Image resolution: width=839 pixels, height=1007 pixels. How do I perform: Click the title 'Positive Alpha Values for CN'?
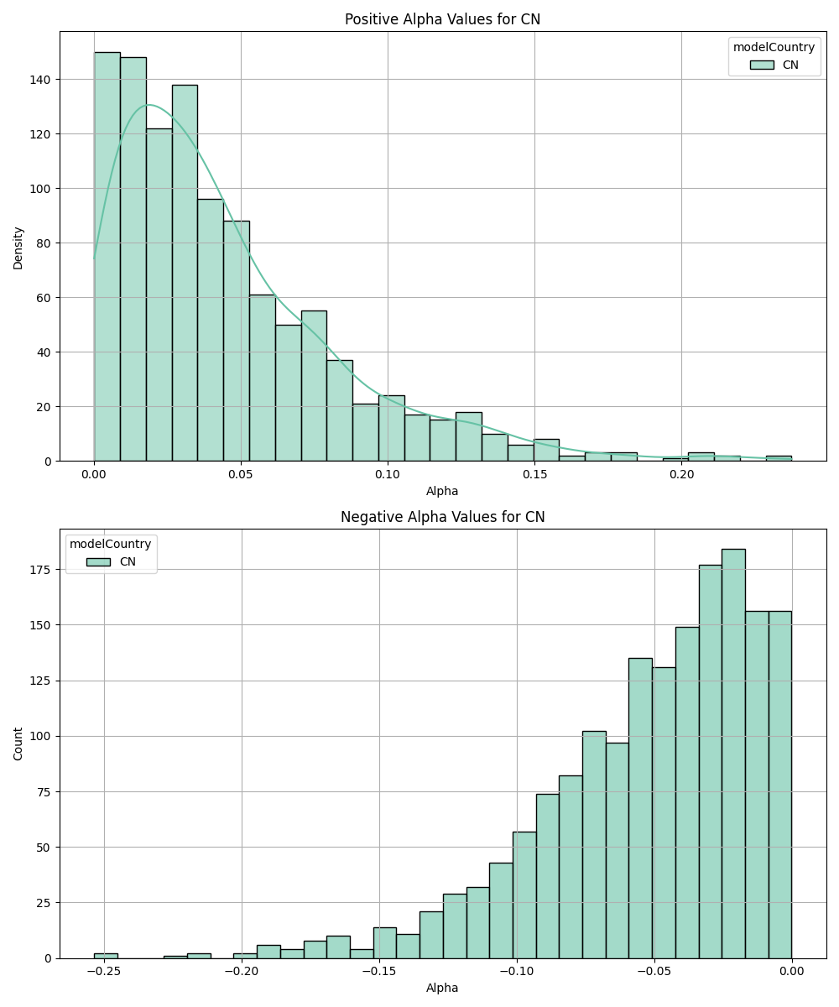[442, 19]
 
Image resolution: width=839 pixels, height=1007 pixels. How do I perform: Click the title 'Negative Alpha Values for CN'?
[442, 517]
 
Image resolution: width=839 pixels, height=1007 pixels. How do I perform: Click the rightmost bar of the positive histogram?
[779, 458]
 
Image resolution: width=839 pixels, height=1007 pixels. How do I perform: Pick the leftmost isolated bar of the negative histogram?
[106, 956]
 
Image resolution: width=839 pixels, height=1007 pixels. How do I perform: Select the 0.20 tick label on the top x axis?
[681, 475]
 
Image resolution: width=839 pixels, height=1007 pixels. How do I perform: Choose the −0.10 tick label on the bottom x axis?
[517, 972]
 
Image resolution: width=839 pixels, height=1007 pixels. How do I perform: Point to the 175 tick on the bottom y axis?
[39, 570]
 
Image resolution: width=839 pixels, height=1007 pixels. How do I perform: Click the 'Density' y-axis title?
[18, 247]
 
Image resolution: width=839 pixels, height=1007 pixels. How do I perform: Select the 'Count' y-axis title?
[18, 744]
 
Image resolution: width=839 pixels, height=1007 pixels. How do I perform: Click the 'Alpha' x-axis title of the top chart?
[442, 491]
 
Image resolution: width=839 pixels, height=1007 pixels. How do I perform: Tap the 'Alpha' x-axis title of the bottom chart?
[442, 988]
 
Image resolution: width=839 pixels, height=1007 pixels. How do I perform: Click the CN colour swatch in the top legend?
[762, 65]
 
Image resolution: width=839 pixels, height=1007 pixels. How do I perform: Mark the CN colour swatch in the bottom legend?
[98, 562]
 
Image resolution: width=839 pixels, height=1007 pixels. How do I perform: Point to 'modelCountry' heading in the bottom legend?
[111, 545]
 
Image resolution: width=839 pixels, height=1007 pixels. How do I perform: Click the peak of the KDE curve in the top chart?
[149, 105]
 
